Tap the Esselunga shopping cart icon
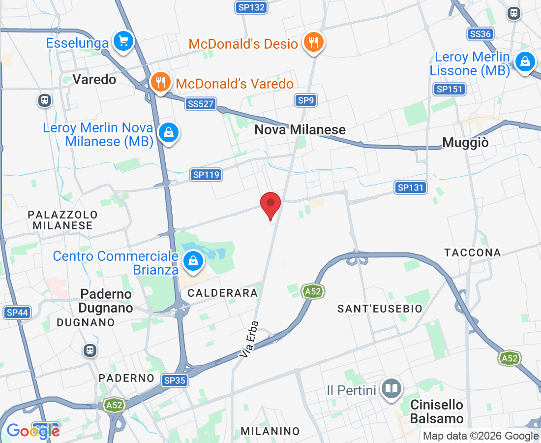point(123,41)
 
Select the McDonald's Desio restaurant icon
point(313,42)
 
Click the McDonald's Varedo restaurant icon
point(160,82)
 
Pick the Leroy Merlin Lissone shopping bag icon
point(525,63)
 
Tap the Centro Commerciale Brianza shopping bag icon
point(194,261)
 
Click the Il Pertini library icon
point(391,389)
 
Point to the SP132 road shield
point(251,7)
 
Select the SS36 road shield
point(480,33)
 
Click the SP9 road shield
point(306,100)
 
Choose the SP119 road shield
point(207,174)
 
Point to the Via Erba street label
point(249,339)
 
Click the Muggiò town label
point(466,142)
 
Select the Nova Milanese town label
point(300,130)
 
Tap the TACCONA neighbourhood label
point(473,253)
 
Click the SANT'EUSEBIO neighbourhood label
point(380,309)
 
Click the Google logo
point(33,431)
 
